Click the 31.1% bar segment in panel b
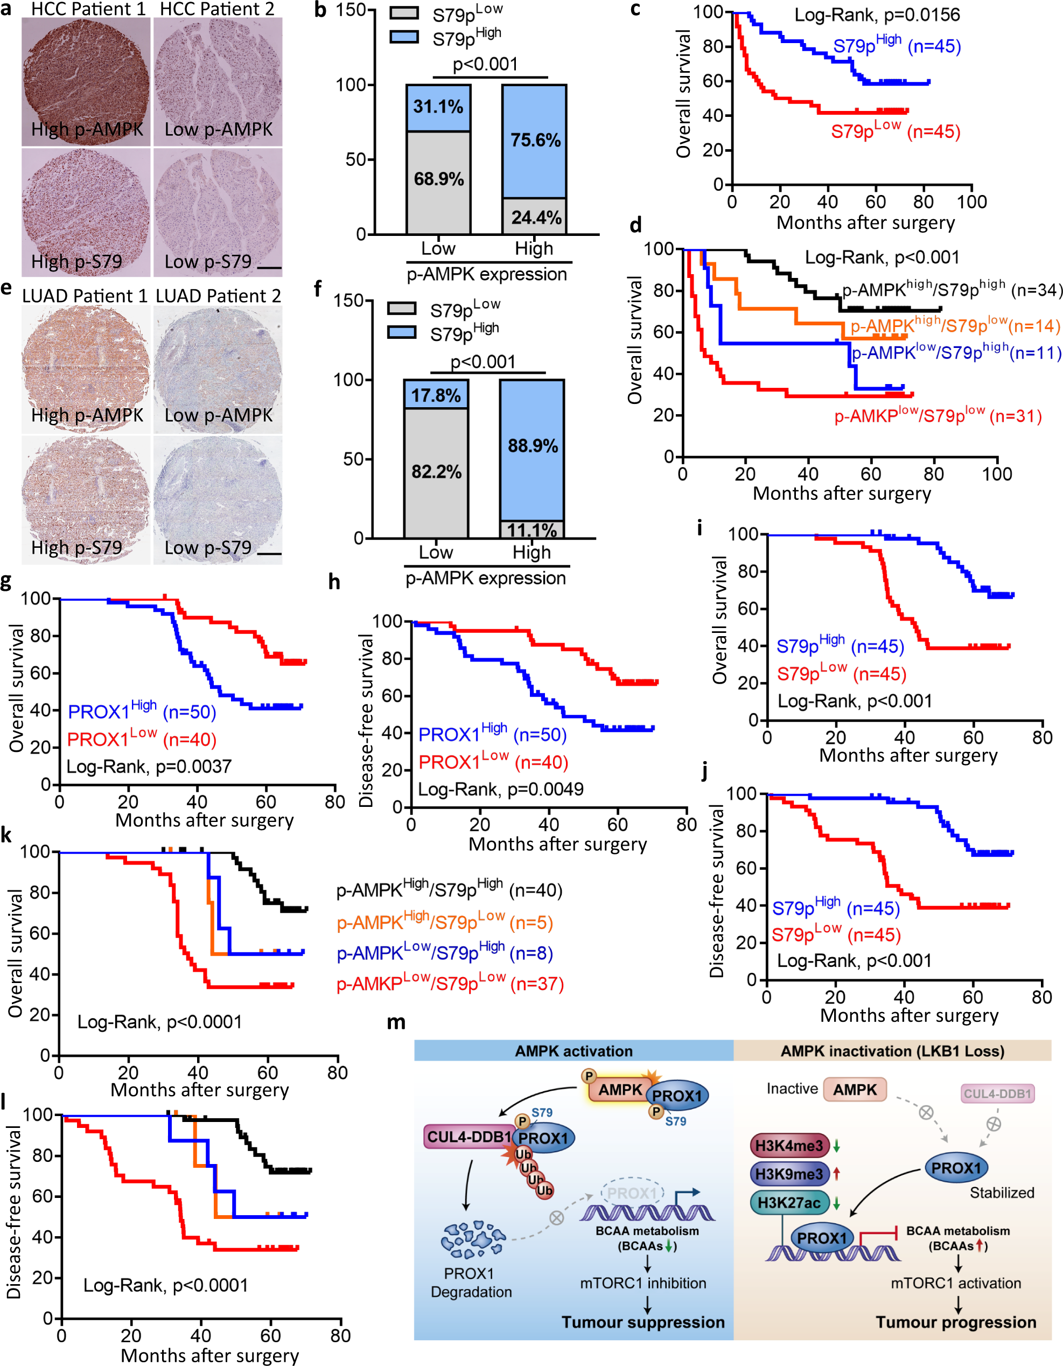point(438,107)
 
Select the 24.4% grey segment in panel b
point(535,217)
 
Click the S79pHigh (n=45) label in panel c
point(896,45)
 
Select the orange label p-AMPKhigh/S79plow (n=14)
point(954,325)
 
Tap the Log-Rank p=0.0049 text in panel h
point(500,789)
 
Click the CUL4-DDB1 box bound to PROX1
point(468,1137)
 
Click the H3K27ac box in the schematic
point(789,1202)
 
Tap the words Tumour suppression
point(642,1322)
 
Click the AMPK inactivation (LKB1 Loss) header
point(892,1051)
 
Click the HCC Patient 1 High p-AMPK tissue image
point(86,81)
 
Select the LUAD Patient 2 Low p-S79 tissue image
point(218,500)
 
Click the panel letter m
point(396,1023)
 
